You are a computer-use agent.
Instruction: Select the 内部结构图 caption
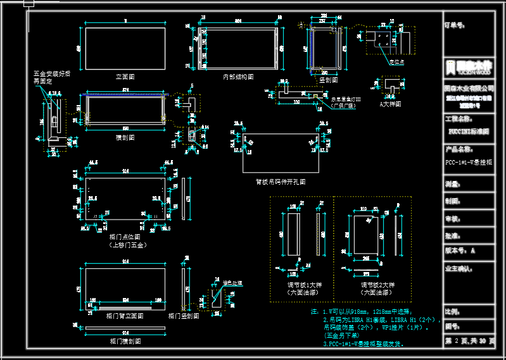coord(237,76)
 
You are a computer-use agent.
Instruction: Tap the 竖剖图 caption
coord(328,80)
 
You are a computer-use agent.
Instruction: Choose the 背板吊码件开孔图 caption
coord(281,181)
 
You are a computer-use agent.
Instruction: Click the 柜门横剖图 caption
coord(125,341)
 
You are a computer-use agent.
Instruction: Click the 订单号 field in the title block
coord(455,26)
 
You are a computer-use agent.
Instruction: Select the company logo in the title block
coord(469,65)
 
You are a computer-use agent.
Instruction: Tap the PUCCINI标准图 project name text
coord(469,132)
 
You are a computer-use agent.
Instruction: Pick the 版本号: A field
coord(460,251)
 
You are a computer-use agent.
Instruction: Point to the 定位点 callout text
coord(396,62)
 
